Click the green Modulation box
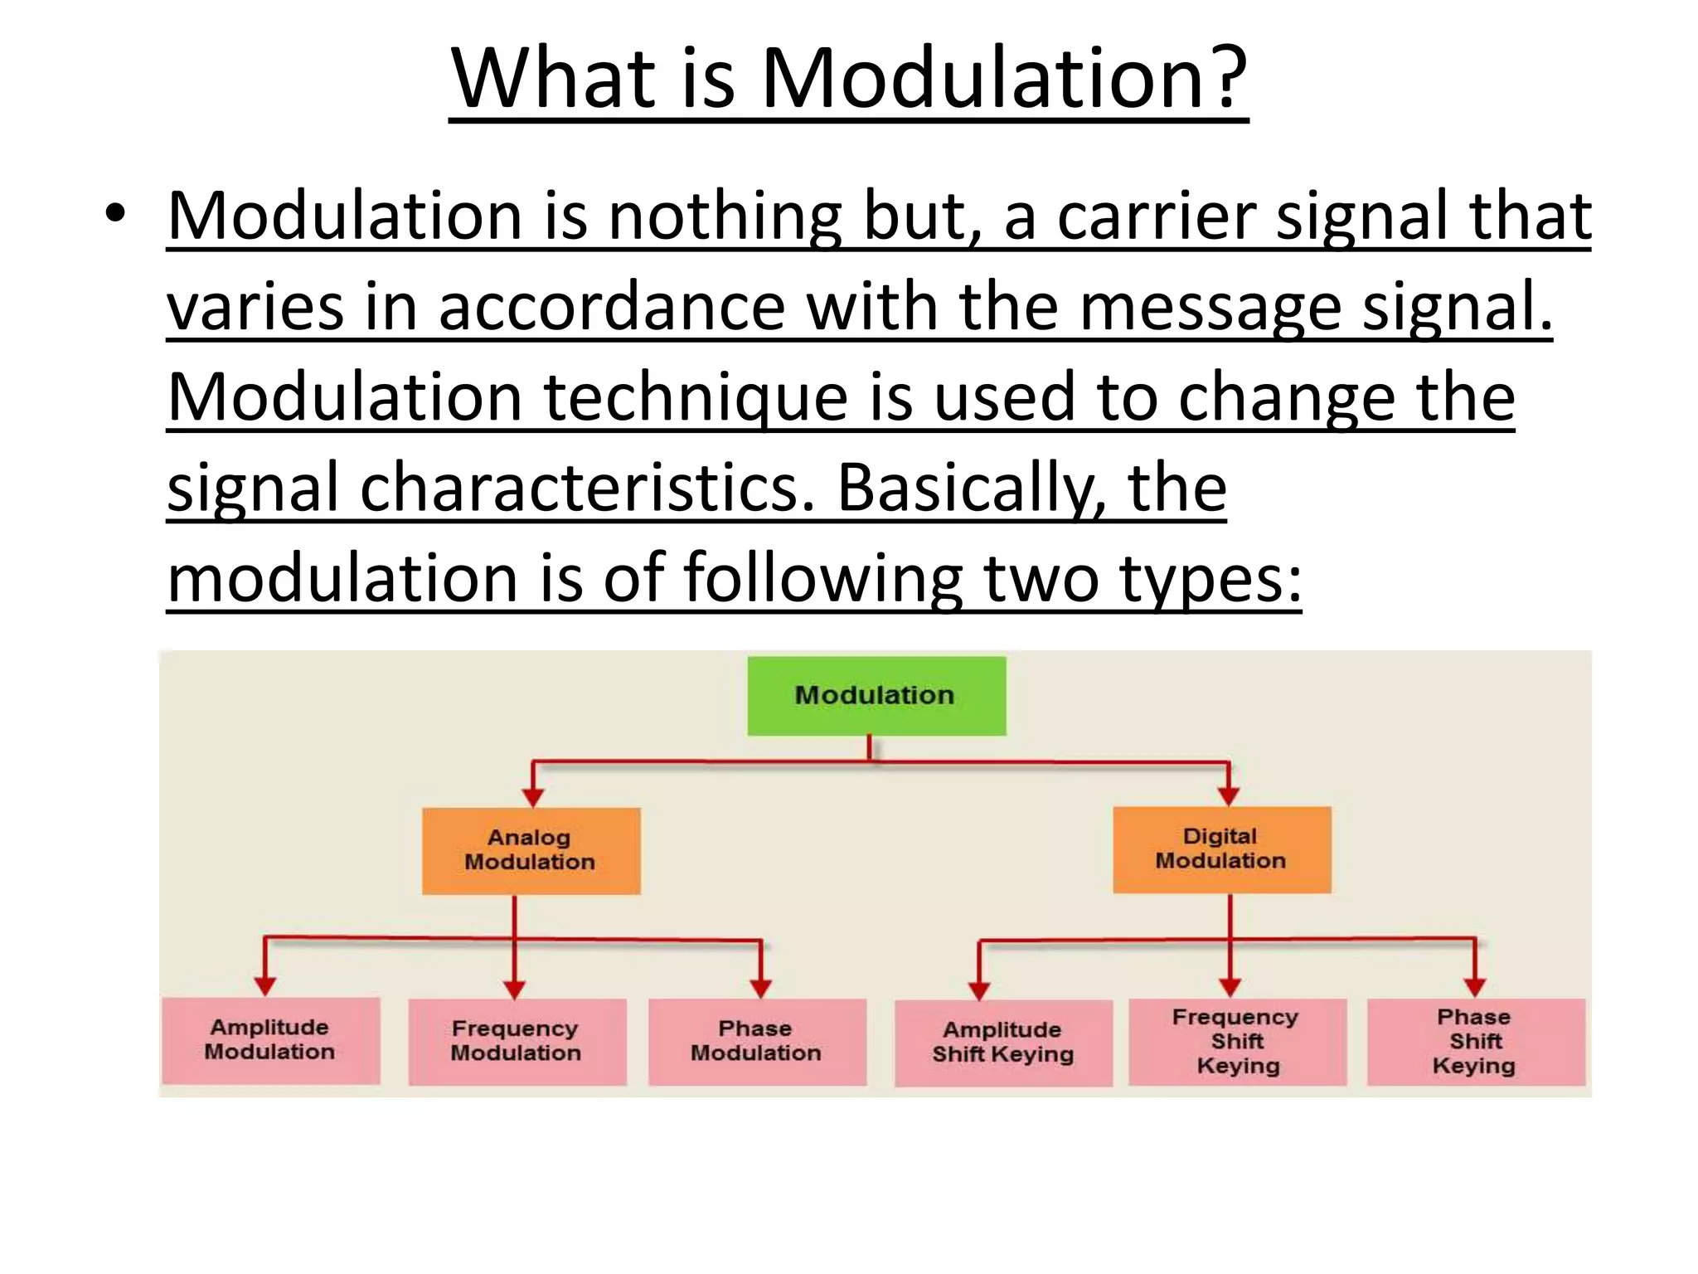tap(876, 696)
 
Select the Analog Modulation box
tap(531, 850)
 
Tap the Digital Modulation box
tap(1221, 849)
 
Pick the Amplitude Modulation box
tap(270, 1040)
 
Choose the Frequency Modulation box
tap(517, 1042)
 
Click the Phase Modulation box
tap(757, 1042)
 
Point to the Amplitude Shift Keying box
tap(1003, 1043)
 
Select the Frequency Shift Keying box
tap(1237, 1042)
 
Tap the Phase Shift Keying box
tap(1475, 1042)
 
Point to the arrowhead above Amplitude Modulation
tap(264, 985)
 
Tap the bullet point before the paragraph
tap(115, 214)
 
